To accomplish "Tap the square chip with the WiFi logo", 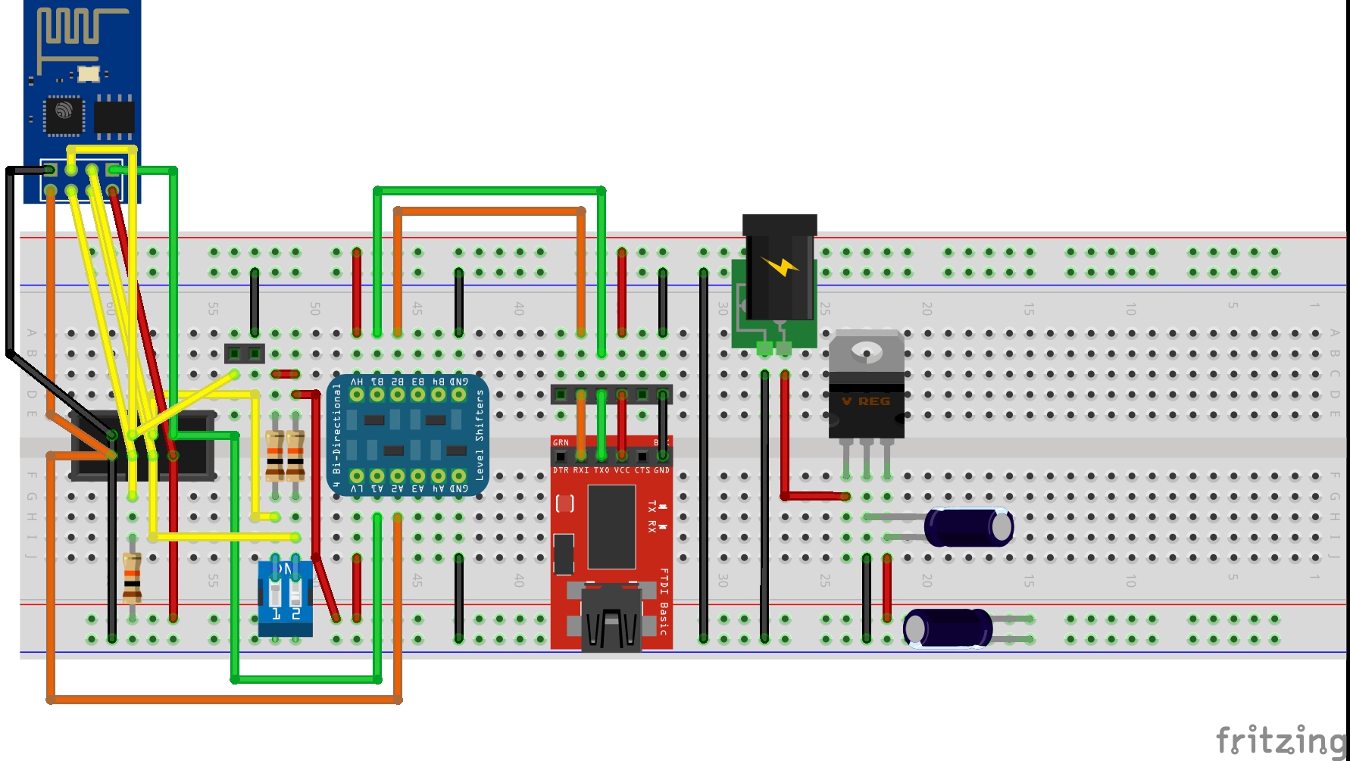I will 64,115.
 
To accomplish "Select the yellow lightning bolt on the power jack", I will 781,267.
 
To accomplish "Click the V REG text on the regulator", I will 866,401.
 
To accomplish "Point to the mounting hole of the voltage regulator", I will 866,350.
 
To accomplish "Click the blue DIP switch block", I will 286,597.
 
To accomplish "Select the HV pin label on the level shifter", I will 356,382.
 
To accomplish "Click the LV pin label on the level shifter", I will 356,489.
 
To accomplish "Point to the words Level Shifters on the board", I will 479,435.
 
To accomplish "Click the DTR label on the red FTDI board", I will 561,470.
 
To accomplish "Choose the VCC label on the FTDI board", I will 621,470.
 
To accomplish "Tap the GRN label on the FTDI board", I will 561,442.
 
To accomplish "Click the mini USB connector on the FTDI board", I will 611,617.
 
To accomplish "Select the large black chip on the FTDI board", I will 611,527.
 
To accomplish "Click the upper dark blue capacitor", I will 968,527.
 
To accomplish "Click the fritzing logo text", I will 1280,740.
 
